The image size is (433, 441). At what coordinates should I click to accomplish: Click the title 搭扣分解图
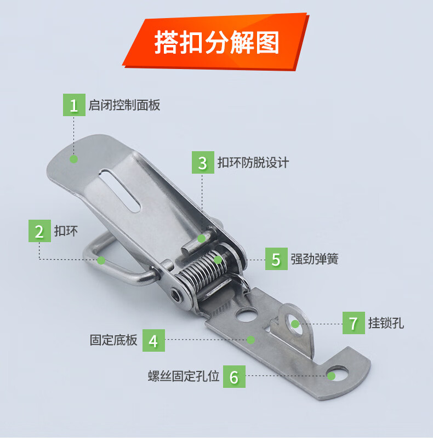coord(216,42)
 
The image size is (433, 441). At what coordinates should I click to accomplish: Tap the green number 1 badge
coord(73,105)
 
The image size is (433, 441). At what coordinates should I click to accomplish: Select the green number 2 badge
coord(39,231)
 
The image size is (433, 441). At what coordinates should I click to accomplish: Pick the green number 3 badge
coord(203,163)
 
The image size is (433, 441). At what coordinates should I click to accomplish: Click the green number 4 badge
coord(153,340)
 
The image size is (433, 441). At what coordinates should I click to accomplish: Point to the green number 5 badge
coord(276,259)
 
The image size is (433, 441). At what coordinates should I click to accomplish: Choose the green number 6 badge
coord(234,376)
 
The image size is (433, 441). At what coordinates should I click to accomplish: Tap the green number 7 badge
coord(354,323)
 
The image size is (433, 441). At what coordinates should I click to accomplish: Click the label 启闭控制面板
coord(124,105)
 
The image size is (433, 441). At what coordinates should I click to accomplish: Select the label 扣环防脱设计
coord(253,163)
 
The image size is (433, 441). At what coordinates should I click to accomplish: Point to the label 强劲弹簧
coord(315,259)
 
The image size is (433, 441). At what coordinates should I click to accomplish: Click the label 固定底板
coord(113,340)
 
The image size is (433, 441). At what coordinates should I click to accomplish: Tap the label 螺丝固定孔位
coord(184,376)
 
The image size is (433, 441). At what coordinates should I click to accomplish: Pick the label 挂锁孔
coord(386,323)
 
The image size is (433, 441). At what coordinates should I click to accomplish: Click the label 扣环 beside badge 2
coord(65,231)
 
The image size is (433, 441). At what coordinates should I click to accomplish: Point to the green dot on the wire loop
coord(101,260)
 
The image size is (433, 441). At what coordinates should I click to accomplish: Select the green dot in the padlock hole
coord(295,323)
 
